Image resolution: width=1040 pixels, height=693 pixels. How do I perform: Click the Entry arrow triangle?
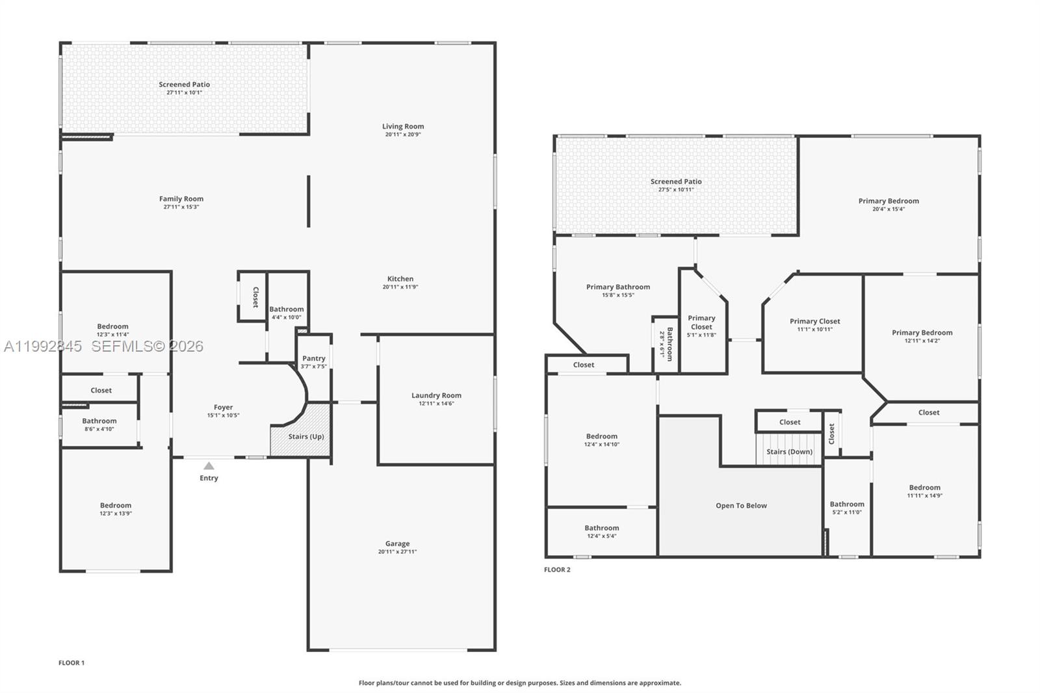[209, 465]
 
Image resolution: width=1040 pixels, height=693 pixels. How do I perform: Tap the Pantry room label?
[314, 358]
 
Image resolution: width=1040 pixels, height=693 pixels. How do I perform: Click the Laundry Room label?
[436, 395]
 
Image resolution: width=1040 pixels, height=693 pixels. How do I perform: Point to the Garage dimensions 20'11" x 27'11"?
[397, 552]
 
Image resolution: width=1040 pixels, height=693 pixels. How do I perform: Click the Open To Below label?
[741, 506]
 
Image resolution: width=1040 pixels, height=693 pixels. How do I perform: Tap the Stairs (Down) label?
[789, 452]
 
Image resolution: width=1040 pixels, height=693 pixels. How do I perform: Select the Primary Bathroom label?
[617, 287]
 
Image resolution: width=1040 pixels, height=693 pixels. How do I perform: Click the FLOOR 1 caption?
[71, 663]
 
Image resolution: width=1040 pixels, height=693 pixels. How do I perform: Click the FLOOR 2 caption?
[557, 570]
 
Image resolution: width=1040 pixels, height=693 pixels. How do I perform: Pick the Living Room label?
[403, 127]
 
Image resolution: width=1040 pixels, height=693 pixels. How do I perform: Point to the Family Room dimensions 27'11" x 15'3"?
[181, 207]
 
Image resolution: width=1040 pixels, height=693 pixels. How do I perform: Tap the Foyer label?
[223, 408]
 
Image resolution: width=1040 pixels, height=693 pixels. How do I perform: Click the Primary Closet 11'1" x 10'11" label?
[814, 321]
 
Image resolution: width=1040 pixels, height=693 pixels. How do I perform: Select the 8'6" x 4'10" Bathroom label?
[99, 421]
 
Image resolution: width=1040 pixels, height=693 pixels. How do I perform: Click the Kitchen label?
[400, 279]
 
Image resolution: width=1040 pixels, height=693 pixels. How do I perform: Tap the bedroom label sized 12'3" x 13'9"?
[116, 505]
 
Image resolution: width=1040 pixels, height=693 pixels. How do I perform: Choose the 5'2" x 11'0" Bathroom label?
[847, 504]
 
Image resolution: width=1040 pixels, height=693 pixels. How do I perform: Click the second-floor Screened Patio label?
[676, 181]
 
